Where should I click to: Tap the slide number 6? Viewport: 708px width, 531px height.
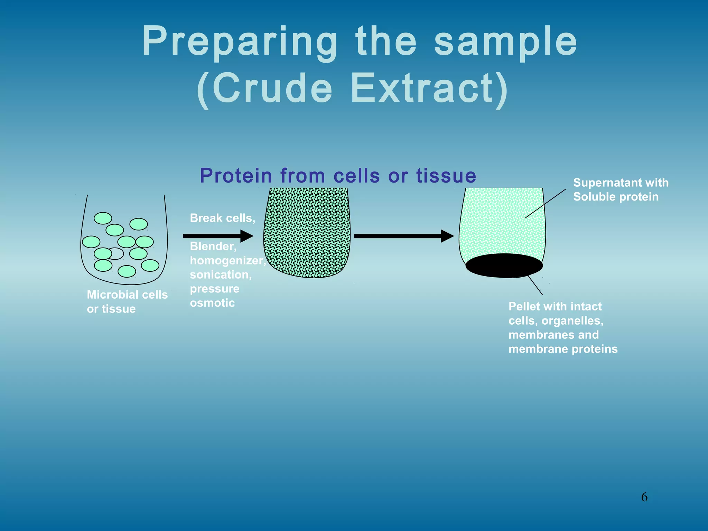(644, 497)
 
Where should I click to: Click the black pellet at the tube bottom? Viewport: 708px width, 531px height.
(504, 265)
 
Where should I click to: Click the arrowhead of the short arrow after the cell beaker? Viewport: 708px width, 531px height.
(247, 236)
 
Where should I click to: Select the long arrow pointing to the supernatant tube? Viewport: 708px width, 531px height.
(403, 236)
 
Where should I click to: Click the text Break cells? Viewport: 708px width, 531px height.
(222, 218)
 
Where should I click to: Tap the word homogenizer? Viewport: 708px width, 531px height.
(227, 260)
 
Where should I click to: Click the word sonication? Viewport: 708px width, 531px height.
(220, 274)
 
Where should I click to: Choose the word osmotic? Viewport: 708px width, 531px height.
(212, 303)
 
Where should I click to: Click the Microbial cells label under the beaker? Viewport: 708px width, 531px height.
(127, 295)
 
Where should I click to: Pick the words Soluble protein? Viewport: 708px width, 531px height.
(616, 197)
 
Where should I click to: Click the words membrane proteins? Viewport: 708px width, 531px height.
(563, 349)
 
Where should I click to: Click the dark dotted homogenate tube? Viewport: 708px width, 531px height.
(307, 232)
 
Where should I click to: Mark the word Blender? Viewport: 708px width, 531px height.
(213, 246)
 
